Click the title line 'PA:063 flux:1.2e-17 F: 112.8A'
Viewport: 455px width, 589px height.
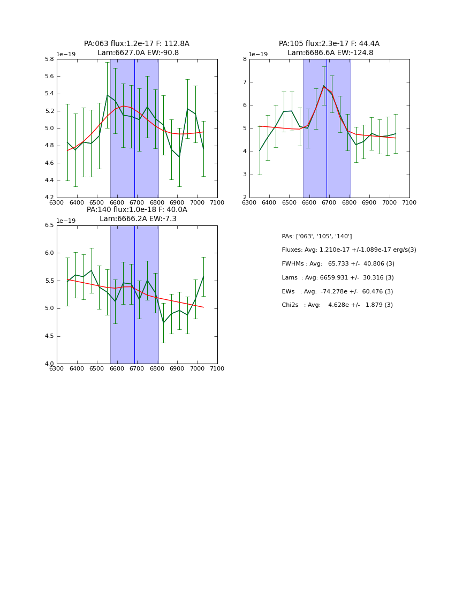pos(136,44)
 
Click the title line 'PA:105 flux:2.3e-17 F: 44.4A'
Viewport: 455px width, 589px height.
pos(329,44)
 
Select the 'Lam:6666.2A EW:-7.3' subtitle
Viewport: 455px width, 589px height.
pos(138,219)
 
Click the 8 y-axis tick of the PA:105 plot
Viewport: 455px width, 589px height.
pos(244,59)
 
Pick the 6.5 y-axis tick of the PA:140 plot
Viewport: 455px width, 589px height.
pos(49,225)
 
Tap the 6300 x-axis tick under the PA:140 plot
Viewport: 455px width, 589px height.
pos(57,369)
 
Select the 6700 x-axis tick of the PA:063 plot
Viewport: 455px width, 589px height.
pos(137,202)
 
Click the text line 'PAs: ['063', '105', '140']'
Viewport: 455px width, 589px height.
pos(316,237)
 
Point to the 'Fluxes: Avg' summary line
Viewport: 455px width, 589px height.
pos(348,250)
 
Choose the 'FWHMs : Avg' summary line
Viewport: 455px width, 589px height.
pos(338,264)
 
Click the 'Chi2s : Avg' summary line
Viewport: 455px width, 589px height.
pos(337,305)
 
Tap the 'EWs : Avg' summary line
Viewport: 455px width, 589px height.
pos(337,292)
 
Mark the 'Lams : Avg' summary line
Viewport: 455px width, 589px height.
pos(337,278)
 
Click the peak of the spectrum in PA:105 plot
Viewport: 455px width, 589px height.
pos(323,86)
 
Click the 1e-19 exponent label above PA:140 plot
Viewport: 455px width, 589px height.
pos(66,221)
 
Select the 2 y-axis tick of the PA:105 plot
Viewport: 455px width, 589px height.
pos(244,198)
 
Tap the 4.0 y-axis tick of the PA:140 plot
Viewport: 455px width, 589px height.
pos(49,364)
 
